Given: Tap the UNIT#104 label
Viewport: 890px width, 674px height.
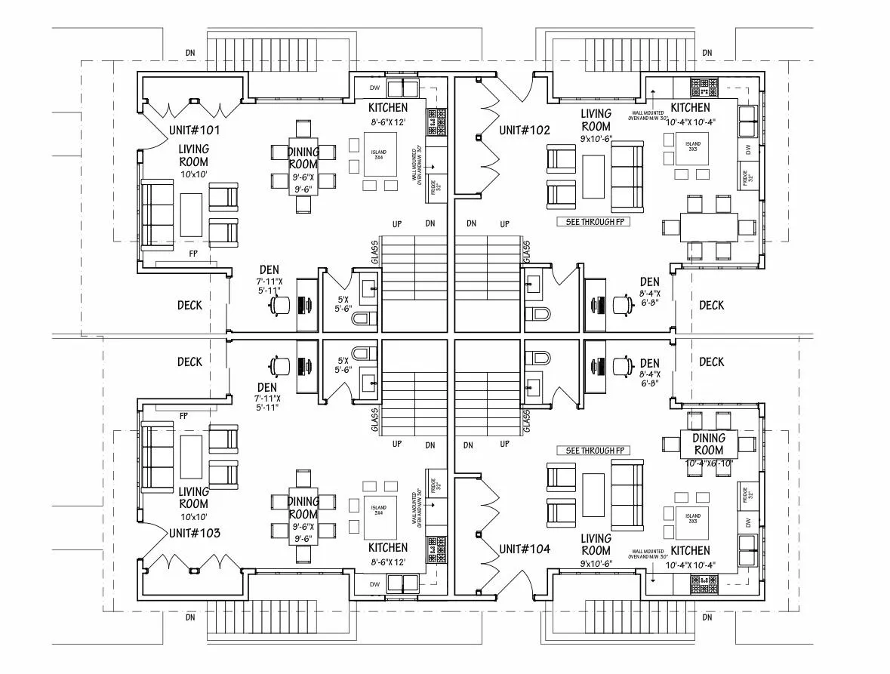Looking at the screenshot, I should point(525,548).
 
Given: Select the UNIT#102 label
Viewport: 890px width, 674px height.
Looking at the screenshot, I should point(525,130).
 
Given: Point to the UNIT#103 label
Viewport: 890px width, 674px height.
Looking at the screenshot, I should point(195,533).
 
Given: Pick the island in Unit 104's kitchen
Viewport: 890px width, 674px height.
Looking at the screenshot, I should point(693,519).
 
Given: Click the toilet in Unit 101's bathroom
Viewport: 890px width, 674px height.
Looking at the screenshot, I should point(364,318).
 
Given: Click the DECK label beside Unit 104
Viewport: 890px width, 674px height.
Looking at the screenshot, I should point(711,362).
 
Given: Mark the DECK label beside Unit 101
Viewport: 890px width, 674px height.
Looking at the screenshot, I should point(189,305).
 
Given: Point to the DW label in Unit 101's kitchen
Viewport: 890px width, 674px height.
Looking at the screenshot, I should point(374,88).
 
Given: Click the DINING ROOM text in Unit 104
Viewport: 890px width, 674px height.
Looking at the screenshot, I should point(709,445).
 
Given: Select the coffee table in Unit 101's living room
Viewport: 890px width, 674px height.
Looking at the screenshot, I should point(191,215).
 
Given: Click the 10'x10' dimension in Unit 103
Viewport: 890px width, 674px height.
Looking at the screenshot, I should point(194,517).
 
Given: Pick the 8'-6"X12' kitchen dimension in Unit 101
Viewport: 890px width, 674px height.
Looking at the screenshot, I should point(389,122).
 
